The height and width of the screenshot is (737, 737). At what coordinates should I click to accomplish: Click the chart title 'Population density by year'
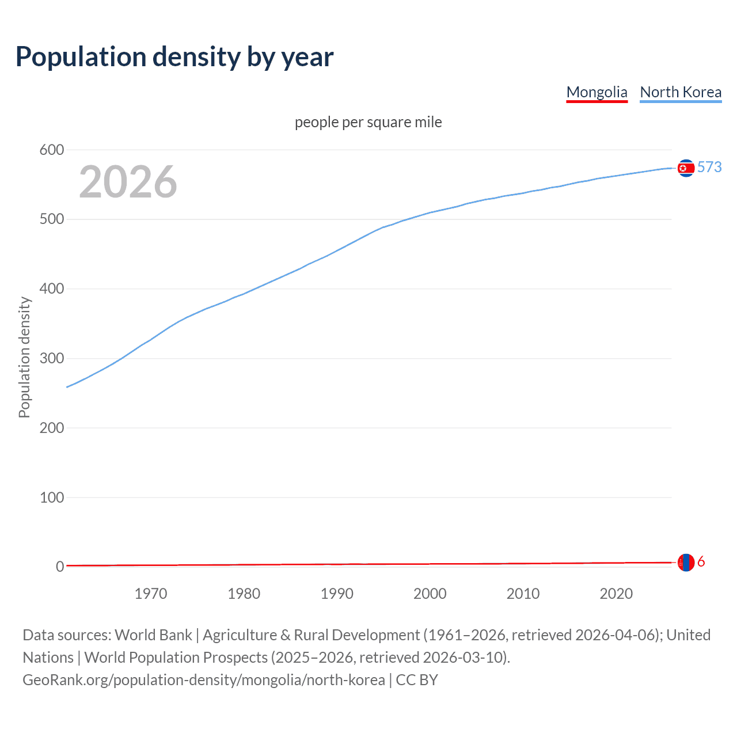point(174,57)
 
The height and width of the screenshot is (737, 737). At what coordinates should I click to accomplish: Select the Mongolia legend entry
point(597,92)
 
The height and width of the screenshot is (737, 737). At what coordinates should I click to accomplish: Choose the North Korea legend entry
point(681,92)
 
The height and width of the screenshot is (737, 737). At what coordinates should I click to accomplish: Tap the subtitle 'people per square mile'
point(368,122)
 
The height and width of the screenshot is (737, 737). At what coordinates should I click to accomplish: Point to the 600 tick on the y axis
point(51,150)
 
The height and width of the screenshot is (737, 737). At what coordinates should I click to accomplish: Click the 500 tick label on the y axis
point(51,219)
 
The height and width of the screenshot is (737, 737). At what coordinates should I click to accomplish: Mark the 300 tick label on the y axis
point(51,359)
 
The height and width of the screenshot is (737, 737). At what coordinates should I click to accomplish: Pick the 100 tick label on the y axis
point(51,497)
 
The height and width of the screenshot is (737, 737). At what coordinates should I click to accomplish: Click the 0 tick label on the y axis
point(60,567)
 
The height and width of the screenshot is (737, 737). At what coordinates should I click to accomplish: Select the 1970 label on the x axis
point(151,594)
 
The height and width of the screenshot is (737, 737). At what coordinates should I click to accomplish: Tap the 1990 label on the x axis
point(337,594)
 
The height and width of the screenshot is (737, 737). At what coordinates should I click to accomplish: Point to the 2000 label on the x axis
point(430,594)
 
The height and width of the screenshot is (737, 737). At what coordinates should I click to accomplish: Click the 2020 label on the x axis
point(616,594)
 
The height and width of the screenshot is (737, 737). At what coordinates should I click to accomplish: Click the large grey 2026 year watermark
point(128,182)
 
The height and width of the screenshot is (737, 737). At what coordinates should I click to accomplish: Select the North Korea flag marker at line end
point(685,168)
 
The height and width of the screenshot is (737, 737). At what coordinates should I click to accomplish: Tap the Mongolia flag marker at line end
point(685,563)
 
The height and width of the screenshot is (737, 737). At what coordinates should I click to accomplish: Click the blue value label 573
point(709,167)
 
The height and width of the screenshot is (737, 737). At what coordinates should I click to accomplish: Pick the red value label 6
point(701,562)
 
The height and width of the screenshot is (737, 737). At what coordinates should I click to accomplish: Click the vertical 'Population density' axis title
point(24,357)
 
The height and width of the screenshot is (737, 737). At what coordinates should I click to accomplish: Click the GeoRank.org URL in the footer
point(204,680)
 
